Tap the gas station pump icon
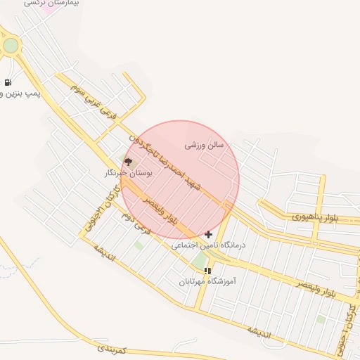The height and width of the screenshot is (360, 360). click(7, 82)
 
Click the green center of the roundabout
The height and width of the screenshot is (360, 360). click(11, 46)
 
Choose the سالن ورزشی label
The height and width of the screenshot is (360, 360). click(204, 145)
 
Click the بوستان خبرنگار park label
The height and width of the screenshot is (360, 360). click(128, 172)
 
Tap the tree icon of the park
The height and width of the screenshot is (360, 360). click(127, 162)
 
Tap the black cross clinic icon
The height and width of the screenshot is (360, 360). click(208, 234)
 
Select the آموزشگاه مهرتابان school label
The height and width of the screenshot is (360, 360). click(207, 281)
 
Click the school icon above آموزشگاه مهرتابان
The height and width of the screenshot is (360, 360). click(207, 270)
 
